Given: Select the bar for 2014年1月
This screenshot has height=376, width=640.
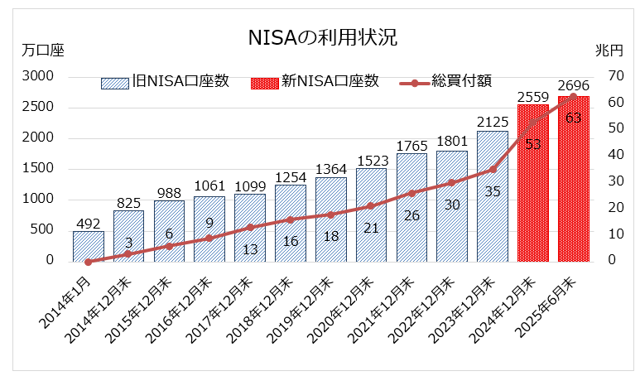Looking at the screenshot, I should [89, 246].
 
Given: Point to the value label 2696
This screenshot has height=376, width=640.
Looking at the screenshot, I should [574, 85].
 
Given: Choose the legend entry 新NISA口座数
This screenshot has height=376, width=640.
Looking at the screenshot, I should [315, 81].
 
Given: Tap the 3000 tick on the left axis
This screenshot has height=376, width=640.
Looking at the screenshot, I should [38, 76].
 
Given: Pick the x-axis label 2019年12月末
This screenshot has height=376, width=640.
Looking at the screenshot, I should [310, 303].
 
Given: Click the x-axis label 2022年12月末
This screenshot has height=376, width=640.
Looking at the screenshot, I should [431, 303].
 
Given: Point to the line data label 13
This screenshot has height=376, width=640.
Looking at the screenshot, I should [250, 249].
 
